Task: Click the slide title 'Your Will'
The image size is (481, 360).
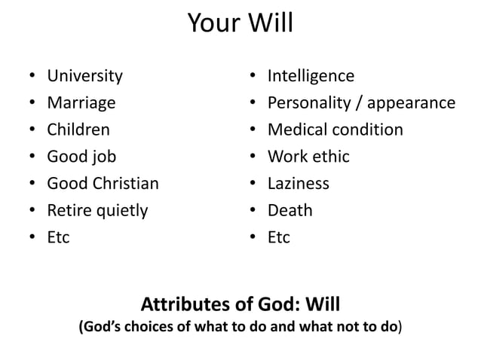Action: pyautogui.click(x=240, y=24)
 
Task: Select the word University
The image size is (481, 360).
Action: pyautogui.click(x=84, y=76)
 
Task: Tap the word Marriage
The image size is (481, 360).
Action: pyautogui.click(x=81, y=102)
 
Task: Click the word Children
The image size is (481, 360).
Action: pyautogui.click(x=78, y=130)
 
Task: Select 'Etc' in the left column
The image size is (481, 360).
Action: pyautogui.click(x=58, y=237)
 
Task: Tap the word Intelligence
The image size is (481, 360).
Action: pyautogui.click(x=311, y=76)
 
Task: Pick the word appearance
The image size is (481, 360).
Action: pyautogui.click(x=412, y=103)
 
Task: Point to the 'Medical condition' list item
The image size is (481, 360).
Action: pyautogui.click(x=335, y=130)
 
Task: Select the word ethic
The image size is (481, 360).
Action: pyautogui.click(x=330, y=157)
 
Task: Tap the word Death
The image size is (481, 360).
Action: pyautogui.click(x=290, y=210)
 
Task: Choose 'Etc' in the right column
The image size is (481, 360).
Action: pyautogui.click(x=279, y=237)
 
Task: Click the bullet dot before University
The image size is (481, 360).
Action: pyautogui.click(x=29, y=77)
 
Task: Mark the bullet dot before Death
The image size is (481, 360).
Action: pyautogui.click(x=250, y=211)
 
